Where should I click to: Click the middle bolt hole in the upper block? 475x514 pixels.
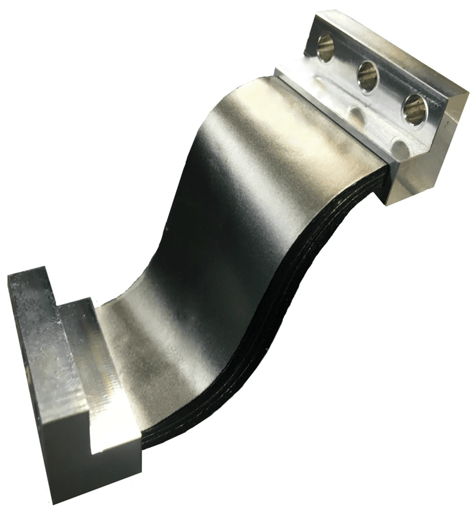tap(368, 77)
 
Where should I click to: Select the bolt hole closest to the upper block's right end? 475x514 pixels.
tap(414, 109)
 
